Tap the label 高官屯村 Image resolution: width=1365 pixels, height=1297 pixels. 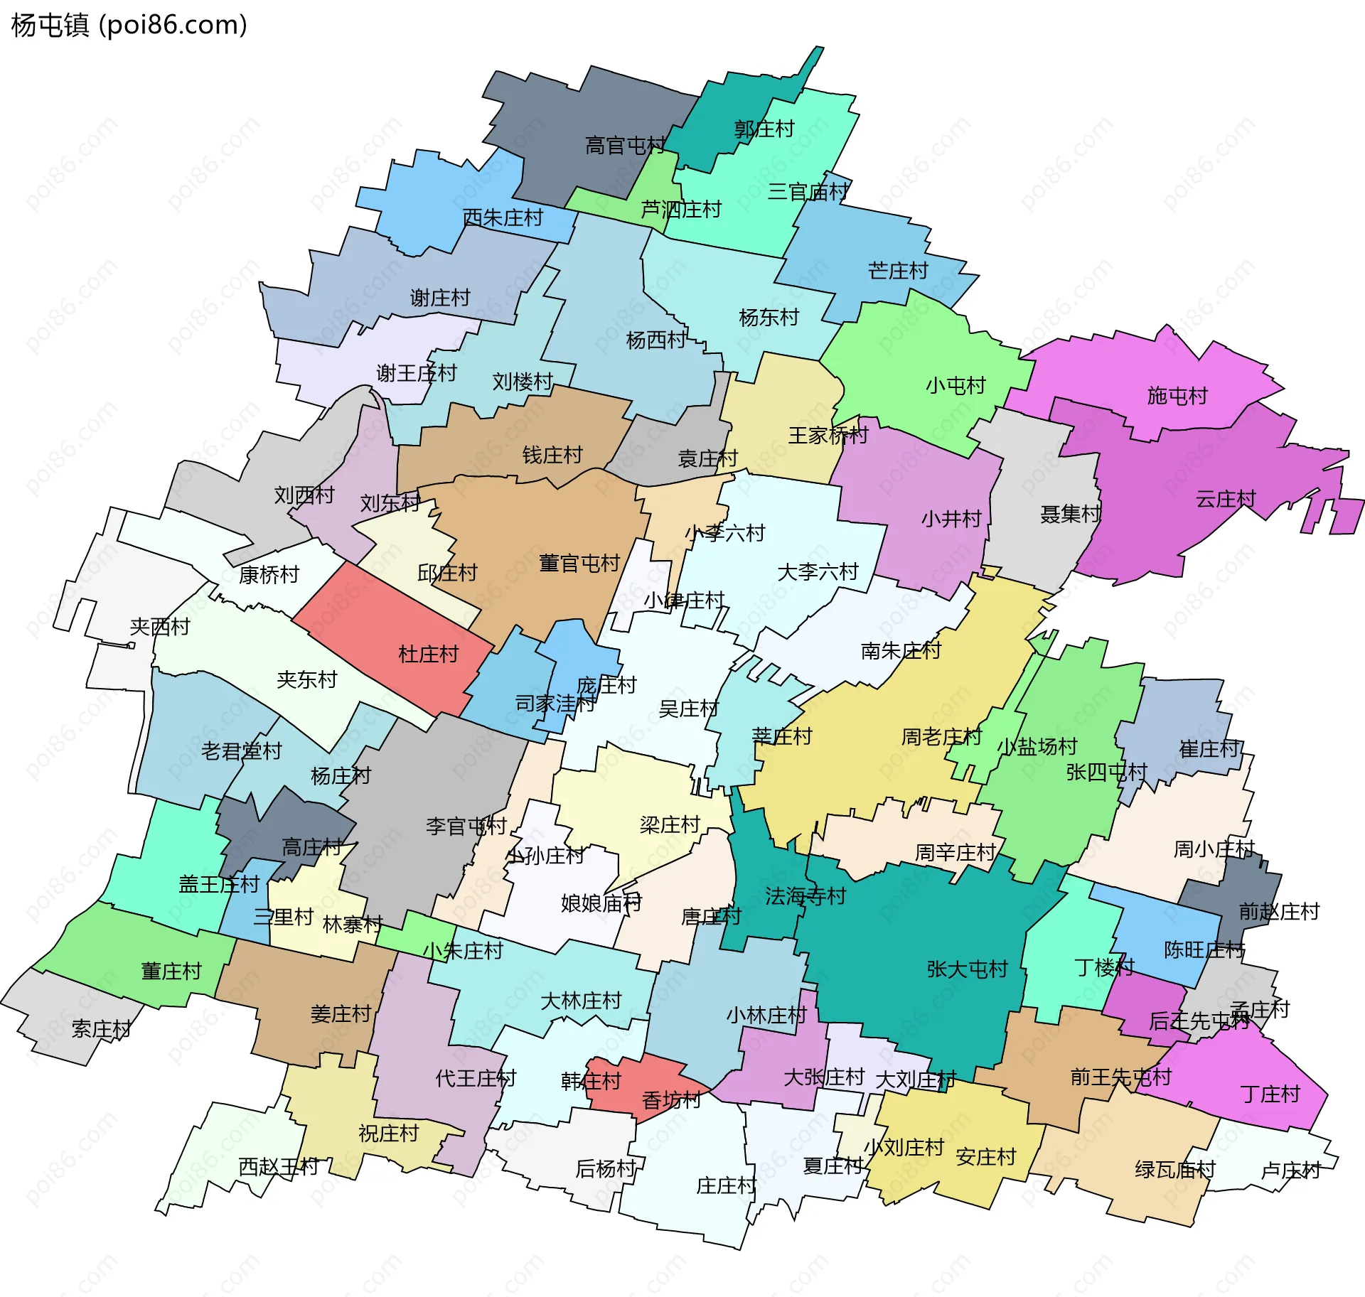coord(624,146)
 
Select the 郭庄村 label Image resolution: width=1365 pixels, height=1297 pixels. coord(764,129)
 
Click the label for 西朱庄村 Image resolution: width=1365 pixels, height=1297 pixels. coord(503,217)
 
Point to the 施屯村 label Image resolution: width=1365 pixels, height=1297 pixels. coord(1177,396)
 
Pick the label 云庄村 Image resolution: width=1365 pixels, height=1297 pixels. coord(1226,499)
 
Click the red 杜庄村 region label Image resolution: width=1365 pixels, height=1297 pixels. coord(428,654)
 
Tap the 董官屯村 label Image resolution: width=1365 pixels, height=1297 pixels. coord(579,564)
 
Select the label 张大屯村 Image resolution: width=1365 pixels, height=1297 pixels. coord(967,969)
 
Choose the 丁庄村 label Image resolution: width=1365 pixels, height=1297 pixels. coord(1270,1094)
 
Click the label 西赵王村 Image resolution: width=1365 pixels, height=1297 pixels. coord(278,1166)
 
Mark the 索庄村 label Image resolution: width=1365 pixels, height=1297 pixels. coord(101,1029)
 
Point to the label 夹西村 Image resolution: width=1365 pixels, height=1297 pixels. coord(160,626)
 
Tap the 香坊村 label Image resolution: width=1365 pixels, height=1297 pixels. coord(671,1100)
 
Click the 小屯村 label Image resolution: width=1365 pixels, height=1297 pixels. coord(955,385)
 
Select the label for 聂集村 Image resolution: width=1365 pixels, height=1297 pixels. coord(1071,514)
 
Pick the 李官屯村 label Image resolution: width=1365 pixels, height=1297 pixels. coord(466,826)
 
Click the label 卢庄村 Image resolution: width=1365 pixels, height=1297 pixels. coord(1290,1170)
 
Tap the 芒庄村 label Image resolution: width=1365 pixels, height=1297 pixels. coord(898,271)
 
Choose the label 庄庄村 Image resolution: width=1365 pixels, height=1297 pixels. coord(726,1185)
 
